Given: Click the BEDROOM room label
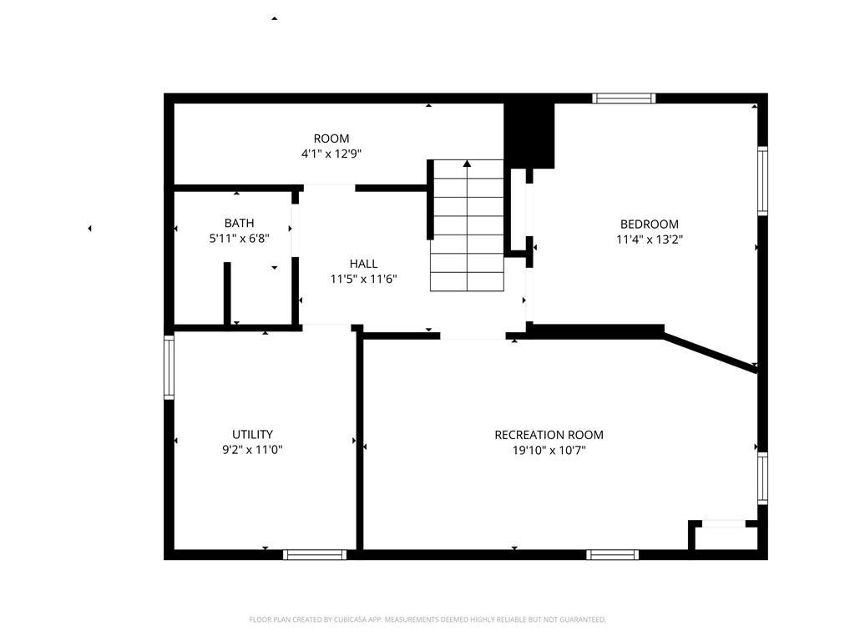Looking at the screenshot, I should (649, 224).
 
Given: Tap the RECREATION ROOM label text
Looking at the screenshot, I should (549, 435).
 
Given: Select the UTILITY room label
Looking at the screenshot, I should (252, 434).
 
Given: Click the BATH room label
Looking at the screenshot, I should (239, 223).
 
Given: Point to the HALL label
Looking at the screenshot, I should (363, 264).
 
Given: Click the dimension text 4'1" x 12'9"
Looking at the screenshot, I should (331, 154).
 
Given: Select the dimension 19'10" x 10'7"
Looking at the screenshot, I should (549, 451).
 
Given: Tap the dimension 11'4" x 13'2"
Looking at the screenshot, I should (649, 240).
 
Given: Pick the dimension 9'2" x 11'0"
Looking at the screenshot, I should (252, 450).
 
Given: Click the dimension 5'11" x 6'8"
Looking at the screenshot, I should (239, 239).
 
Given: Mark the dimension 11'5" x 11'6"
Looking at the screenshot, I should (363, 280).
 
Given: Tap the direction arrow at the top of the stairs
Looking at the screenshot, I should (467, 164).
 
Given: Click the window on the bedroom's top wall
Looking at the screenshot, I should (624, 98).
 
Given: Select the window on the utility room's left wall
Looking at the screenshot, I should (169, 366).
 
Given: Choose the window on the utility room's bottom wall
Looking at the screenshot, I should (315, 554).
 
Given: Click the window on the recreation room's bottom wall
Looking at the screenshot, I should (613, 554).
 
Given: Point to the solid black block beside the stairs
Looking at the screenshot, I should (529, 134).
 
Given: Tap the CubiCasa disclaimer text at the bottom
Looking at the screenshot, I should (427, 619).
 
